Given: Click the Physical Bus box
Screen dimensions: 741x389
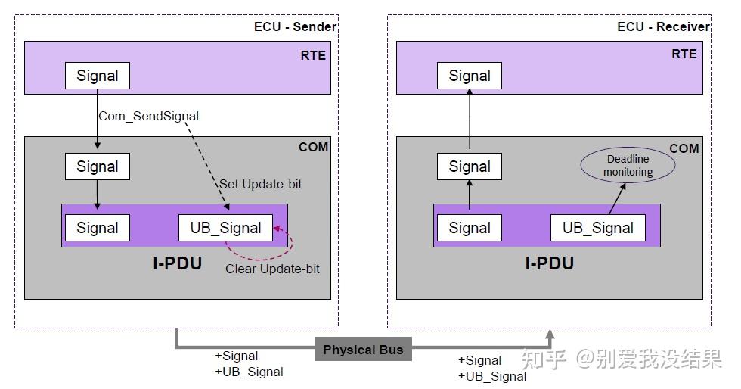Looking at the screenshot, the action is [363, 349].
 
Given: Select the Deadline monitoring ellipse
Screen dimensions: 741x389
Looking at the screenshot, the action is [628, 165].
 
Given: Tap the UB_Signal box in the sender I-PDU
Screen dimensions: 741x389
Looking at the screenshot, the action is [225, 228].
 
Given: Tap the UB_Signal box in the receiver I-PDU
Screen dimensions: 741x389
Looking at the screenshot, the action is [598, 228].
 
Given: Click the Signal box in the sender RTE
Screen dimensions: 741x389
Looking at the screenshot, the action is [98, 76].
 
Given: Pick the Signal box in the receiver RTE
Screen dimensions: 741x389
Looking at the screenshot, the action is [470, 76].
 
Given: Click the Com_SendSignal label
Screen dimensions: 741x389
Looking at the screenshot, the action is [148, 116].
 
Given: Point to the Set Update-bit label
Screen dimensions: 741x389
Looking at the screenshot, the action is [260, 184].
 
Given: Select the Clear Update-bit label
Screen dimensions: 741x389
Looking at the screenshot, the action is [272, 269].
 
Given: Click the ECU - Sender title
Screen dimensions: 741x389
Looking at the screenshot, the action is [296, 26].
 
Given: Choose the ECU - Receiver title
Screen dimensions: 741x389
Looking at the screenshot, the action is [664, 26].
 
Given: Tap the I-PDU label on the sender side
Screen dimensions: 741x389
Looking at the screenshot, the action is [177, 263].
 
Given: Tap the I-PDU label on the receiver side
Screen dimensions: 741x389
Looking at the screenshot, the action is [549, 263].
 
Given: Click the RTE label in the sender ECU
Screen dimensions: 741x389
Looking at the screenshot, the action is [313, 55].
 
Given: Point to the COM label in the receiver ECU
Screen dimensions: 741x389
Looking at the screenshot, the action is [684, 148].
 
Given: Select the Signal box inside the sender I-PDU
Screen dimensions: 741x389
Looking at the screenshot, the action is [98, 228].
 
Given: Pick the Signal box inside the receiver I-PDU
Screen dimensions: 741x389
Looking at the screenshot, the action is [470, 228].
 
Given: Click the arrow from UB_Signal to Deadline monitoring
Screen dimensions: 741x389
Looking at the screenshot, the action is [617, 199].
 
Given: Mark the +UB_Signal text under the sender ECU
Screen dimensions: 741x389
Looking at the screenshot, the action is [249, 372].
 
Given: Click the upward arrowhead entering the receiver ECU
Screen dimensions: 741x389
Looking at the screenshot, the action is [550, 334].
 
